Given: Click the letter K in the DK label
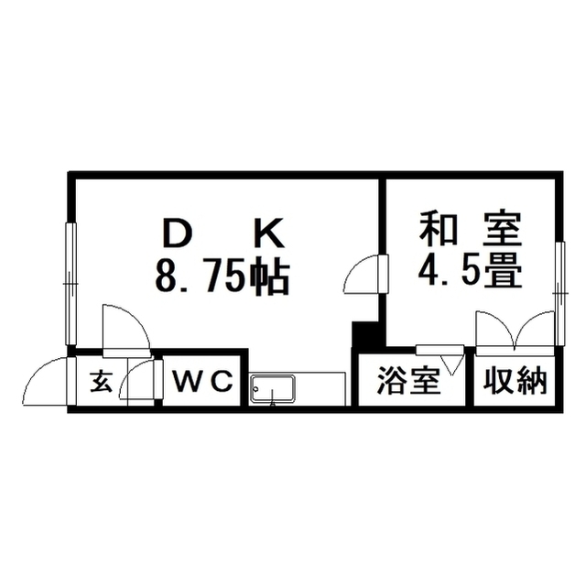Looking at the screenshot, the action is coord(270,233).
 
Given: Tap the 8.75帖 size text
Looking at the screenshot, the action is coord(222,277).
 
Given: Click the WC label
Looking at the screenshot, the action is coord(202,381).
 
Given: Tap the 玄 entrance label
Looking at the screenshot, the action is coord(102,381).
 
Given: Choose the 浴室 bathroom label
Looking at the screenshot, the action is coord(407,381).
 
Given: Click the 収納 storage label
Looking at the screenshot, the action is coord(515,381).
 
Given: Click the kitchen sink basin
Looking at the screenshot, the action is coord(272,388).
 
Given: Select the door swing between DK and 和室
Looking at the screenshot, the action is coord(362,273).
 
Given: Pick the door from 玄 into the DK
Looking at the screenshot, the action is coord(126,328).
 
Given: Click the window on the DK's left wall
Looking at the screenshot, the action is coord(70,284).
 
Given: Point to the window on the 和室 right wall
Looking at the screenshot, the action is coord(559,294).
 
